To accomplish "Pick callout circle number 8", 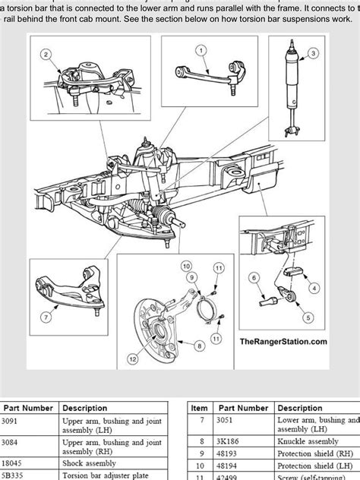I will pos(200,345).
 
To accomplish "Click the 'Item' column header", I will pos(200,408).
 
